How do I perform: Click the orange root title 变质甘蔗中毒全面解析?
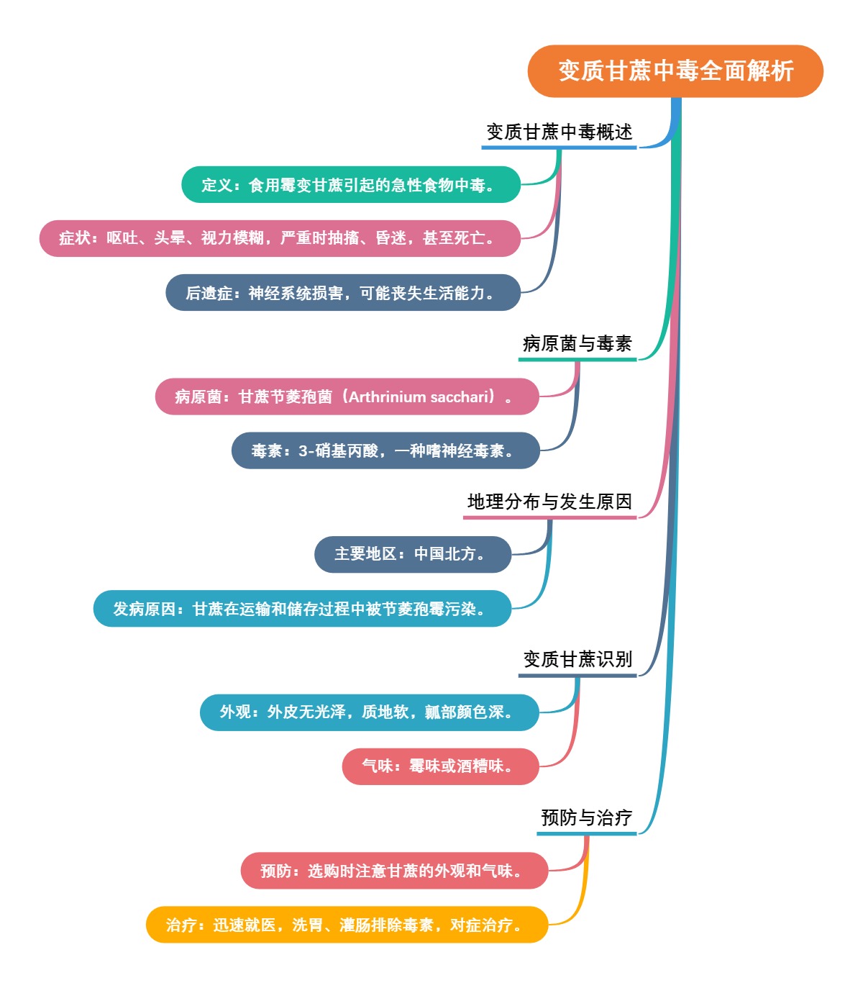pos(675,71)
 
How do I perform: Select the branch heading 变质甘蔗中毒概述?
pos(560,132)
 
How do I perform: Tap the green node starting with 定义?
pos(350,185)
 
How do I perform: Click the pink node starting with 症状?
pos(279,238)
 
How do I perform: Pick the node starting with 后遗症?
pos(342,293)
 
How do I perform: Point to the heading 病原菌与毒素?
pos(577,344)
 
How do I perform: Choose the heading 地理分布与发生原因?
pos(549,502)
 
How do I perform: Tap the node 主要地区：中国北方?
pos(412,554)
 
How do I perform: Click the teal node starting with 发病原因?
pos(302,609)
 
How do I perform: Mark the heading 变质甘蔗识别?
pos(577,659)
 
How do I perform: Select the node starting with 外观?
pos(369,712)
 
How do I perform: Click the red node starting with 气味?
pos(440,766)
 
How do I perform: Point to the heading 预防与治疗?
pos(586,817)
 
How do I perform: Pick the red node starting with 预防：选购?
pos(394,871)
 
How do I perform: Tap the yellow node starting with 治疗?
pos(347,925)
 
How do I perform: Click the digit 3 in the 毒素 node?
pos(303,451)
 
